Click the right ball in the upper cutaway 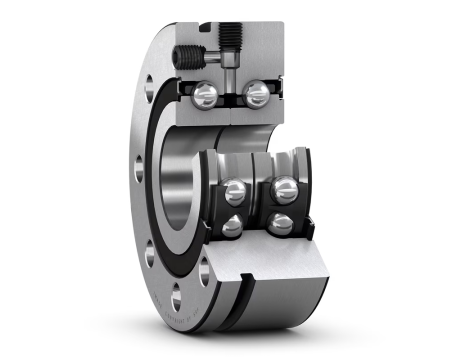258,95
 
